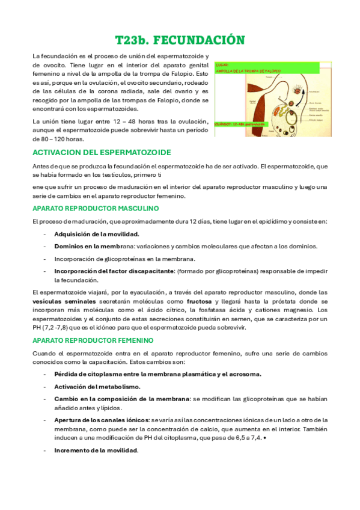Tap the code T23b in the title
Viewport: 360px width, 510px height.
coord(132,40)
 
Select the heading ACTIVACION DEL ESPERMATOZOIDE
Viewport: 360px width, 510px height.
coord(102,153)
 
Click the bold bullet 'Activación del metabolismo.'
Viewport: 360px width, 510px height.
coord(97,387)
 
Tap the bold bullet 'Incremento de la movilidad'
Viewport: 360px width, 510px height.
coord(96,451)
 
